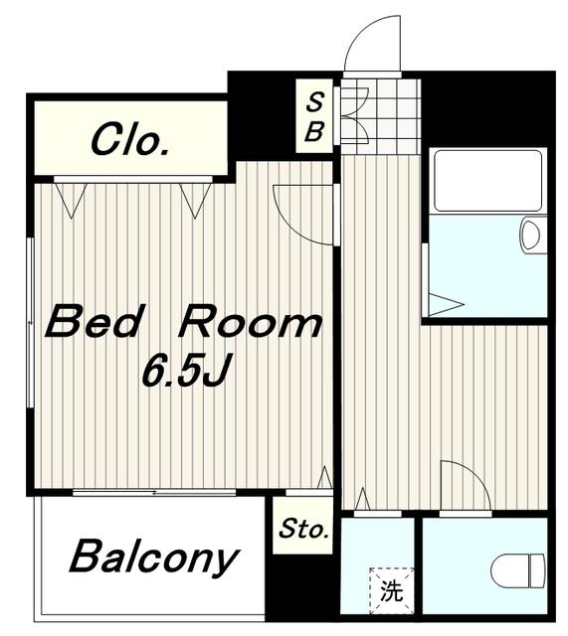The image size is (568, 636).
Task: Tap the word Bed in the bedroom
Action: click(x=94, y=322)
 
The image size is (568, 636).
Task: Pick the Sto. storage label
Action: click(x=303, y=529)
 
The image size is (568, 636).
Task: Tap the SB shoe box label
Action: click(x=314, y=117)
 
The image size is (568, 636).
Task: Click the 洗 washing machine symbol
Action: click(x=391, y=590)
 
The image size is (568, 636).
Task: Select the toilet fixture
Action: click(x=518, y=570)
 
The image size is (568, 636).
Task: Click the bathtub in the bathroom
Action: click(x=488, y=181)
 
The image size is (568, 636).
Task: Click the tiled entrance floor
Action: click(x=380, y=116)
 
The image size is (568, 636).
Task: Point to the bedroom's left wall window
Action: click(x=30, y=322)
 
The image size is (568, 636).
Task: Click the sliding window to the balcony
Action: click(x=154, y=493)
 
